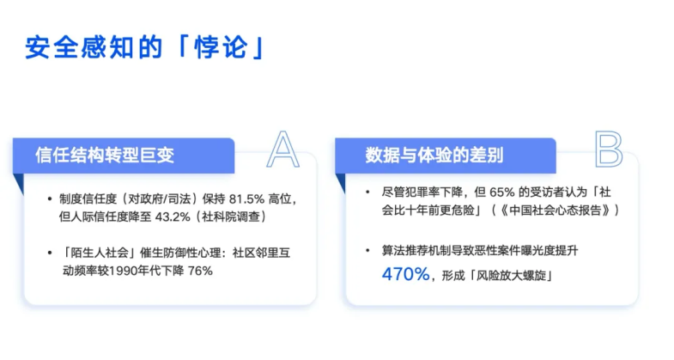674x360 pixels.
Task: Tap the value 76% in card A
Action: pos(200,270)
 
